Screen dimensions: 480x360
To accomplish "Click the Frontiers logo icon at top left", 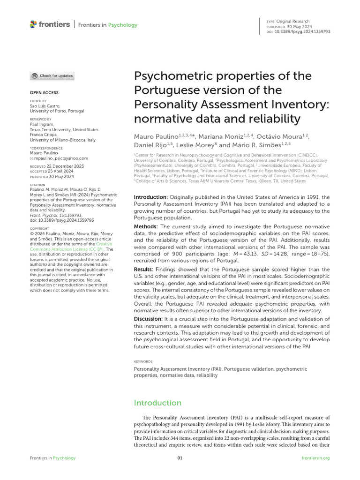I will pos(33,24).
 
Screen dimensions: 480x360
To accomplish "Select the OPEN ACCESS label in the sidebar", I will pos(44,93).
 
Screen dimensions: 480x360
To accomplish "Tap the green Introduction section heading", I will pos(157,403).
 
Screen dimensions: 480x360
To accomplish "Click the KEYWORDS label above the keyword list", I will pos(143,361).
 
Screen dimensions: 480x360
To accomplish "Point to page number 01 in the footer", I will pos(180,458).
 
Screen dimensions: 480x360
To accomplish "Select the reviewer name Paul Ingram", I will pos(42,125).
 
